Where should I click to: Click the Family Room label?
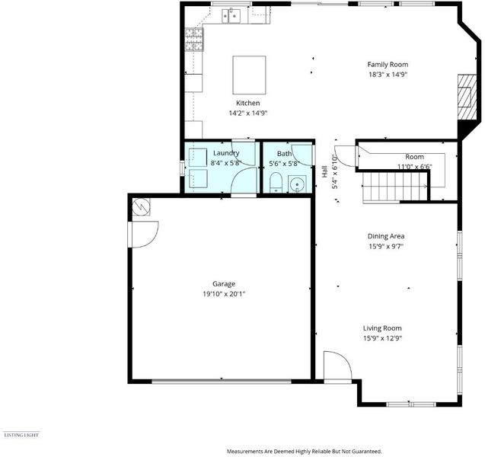point(388,64)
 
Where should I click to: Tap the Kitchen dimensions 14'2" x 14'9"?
point(247,113)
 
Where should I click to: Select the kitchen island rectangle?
point(249,75)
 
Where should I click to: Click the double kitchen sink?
point(231,15)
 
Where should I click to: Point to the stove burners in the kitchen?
point(194,40)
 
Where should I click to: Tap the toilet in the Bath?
point(276,183)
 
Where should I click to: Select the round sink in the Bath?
point(297,184)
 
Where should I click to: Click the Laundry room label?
point(226,153)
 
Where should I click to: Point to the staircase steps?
point(394,187)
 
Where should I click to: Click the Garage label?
point(224,284)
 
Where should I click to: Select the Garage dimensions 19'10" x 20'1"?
point(224,294)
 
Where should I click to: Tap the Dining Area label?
point(386,236)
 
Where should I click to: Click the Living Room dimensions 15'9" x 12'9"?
point(382,338)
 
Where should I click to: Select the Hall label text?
point(324,171)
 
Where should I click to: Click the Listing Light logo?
point(21,435)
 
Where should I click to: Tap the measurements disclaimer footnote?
point(305,452)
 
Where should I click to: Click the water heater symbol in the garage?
point(141,206)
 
